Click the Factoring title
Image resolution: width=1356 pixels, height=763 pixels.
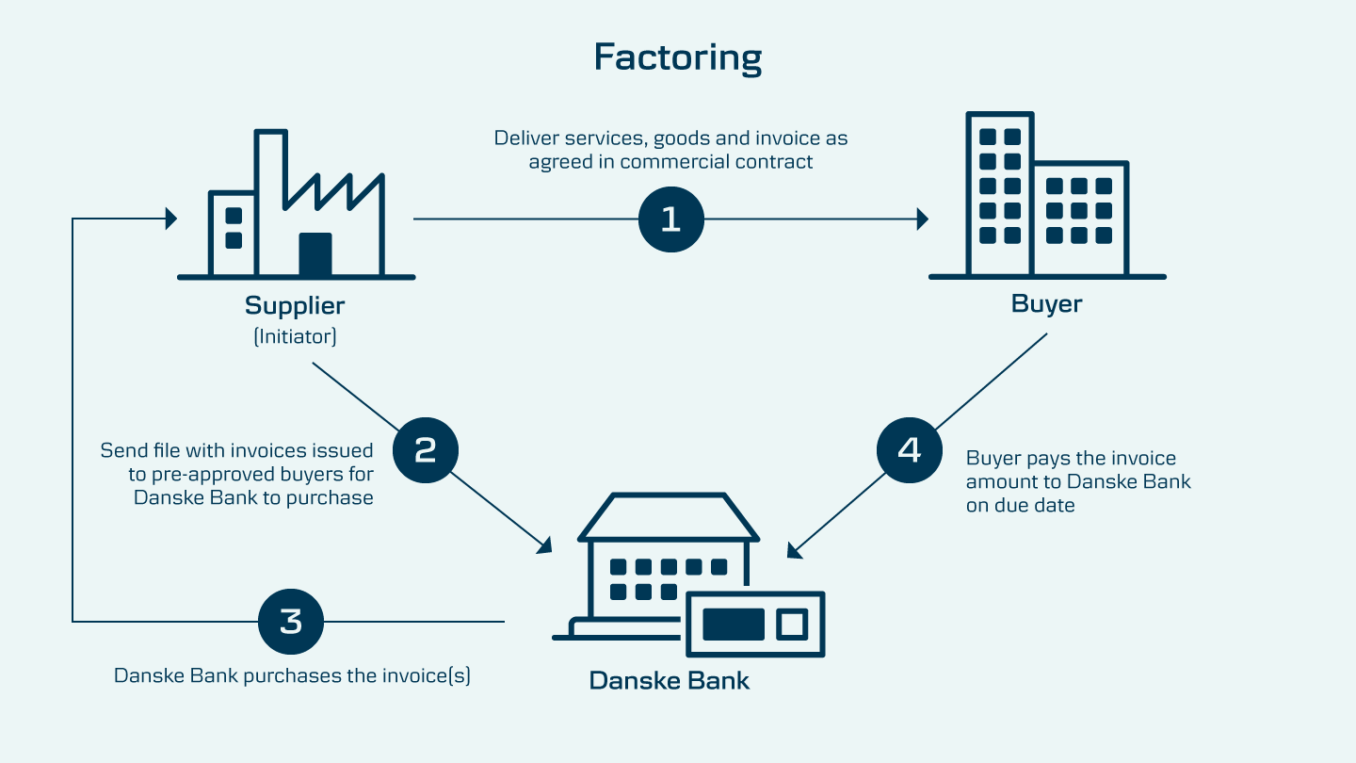(x=677, y=57)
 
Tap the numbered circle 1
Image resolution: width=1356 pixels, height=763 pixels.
(x=670, y=219)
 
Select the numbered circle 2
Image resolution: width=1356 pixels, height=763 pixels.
(x=425, y=450)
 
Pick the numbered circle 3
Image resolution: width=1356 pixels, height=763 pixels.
(x=291, y=622)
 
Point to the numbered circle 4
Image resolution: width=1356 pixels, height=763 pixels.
(x=909, y=450)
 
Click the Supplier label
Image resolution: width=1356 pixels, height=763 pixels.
(x=295, y=306)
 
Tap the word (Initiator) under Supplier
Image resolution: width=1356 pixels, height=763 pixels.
(x=295, y=336)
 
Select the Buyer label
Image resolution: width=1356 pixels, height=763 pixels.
(x=1046, y=304)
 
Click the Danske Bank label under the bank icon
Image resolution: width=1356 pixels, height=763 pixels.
(x=670, y=680)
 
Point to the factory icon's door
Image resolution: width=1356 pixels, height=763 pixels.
(x=315, y=253)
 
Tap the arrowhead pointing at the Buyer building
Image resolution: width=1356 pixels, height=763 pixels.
(x=922, y=219)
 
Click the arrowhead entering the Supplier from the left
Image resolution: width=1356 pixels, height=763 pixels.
(x=170, y=219)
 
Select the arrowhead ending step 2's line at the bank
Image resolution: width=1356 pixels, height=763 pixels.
(x=544, y=545)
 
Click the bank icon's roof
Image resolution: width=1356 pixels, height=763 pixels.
(x=669, y=519)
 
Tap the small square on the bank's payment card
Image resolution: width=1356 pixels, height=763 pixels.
(x=790, y=624)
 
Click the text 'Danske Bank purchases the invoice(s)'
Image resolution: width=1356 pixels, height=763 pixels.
(x=292, y=676)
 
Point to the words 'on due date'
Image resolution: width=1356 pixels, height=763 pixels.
(x=1020, y=506)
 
